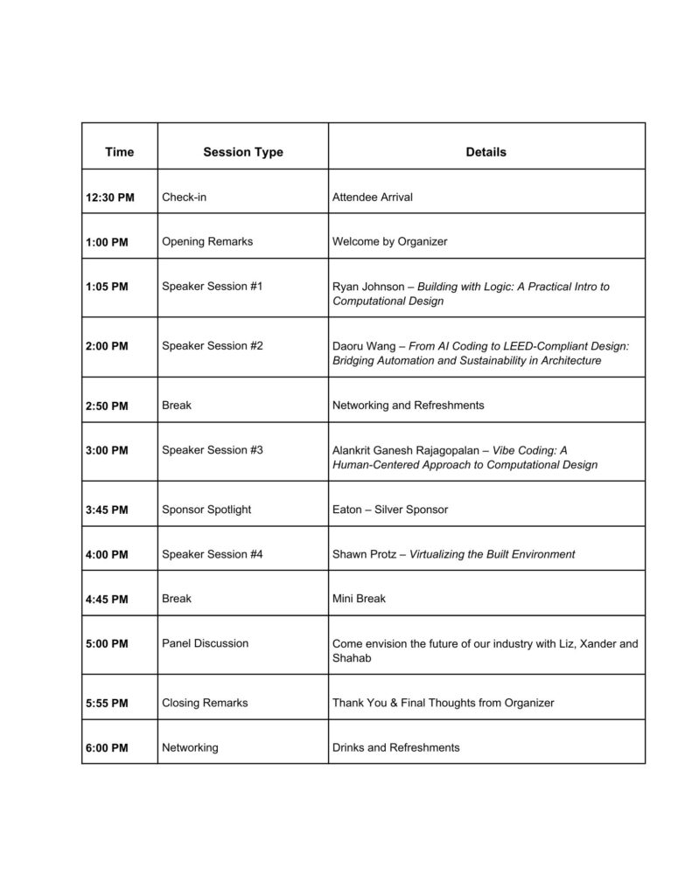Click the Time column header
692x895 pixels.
[119, 152]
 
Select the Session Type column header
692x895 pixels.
[243, 152]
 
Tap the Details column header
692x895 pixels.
[486, 152]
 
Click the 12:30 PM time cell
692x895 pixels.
[110, 198]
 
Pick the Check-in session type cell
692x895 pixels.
[185, 197]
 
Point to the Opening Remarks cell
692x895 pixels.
[207, 241]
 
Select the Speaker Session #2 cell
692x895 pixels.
[213, 345]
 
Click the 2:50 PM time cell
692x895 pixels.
[107, 406]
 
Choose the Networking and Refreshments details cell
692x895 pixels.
[408, 406]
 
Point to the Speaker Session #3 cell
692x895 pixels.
[213, 450]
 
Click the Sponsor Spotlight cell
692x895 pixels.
[206, 510]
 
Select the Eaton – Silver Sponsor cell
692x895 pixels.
[389, 510]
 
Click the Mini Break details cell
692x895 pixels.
[359, 599]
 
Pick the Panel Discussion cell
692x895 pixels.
[206, 643]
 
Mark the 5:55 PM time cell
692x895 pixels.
[107, 704]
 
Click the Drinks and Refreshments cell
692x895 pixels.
[395, 747]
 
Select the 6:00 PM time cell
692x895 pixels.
[107, 748]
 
